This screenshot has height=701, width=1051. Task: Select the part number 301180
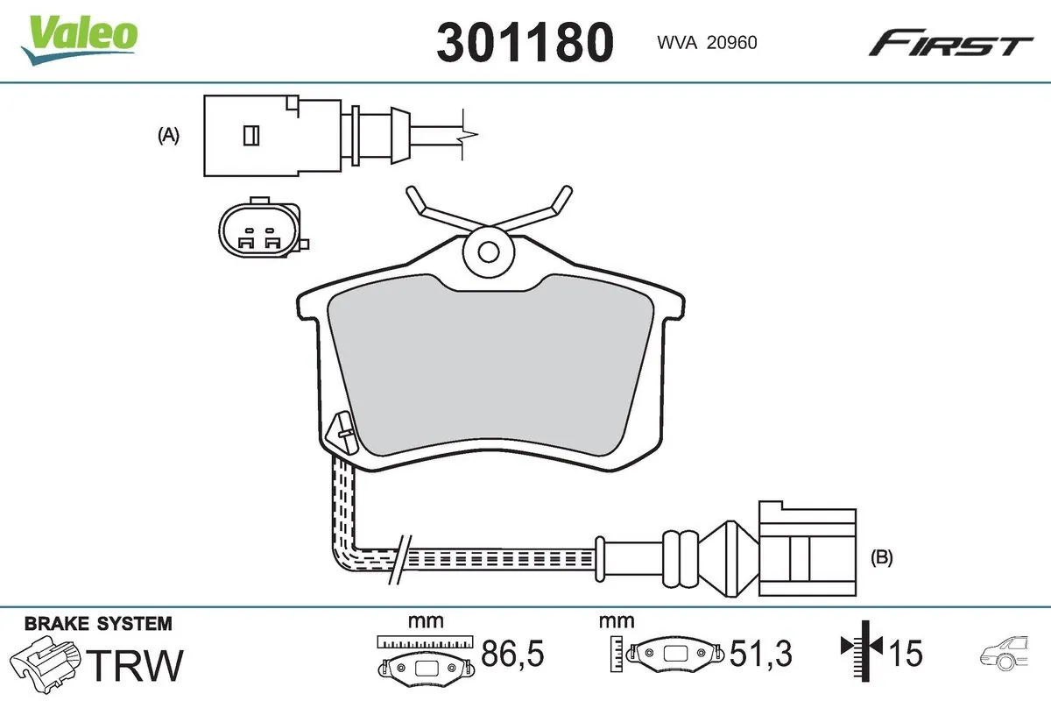[x=525, y=42]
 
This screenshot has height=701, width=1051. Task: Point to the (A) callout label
[x=168, y=136]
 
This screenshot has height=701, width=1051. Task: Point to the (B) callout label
[x=882, y=556]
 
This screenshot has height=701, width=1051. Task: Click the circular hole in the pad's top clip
[x=490, y=251]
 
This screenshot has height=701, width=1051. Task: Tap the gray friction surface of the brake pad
[x=490, y=368]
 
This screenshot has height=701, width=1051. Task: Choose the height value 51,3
[x=760, y=653]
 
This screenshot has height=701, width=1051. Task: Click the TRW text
[x=138, y=665]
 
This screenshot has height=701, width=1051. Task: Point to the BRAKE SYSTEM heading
[x=98, y=624]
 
